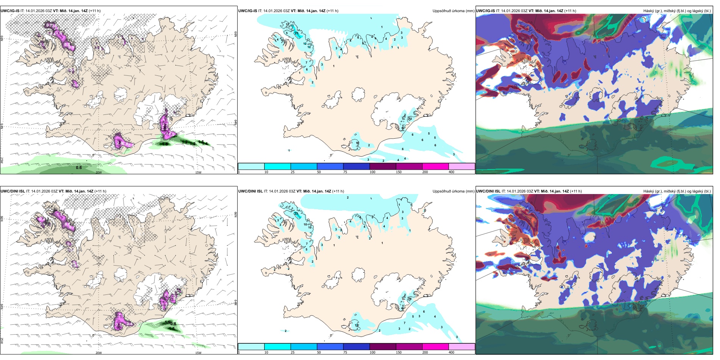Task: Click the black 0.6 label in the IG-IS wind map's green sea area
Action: pos(79,167)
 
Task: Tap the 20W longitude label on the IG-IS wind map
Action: pos(99,172)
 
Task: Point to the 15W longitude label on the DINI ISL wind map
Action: pos(198,353)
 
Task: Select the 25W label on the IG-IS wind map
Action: pos(2,161)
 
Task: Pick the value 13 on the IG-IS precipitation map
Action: pos(292,26)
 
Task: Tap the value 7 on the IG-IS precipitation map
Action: pos(306,63)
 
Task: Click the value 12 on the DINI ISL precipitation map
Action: pos(357,326)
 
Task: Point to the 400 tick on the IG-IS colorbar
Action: pos(451,172)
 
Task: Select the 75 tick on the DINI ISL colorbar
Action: pos(345,352)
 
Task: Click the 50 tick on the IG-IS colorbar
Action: pos(319,172)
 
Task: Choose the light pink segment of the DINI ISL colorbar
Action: pos(462,347)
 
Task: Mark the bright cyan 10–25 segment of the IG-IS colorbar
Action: pos(277,166)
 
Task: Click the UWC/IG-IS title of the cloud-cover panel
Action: pos(485,11)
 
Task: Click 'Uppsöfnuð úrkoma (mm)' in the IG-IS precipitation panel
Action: pos(453,11)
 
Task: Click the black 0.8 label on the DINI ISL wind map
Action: pos(173,324)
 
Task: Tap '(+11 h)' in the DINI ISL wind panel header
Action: pos(100,191)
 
